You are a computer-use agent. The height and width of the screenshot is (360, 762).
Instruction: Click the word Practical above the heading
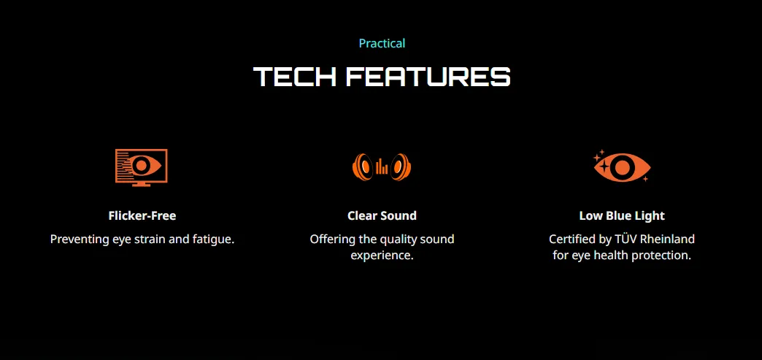click(x=382, y=44)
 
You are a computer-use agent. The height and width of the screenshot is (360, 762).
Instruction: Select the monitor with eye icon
click(x=142, y=167)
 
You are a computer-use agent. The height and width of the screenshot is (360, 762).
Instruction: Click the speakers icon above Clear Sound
click(x=382, y=167)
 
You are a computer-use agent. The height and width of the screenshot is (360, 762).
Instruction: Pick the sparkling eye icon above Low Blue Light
click(x=622, y=166)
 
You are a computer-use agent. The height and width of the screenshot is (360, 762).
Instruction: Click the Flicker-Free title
click(x=142, y=215)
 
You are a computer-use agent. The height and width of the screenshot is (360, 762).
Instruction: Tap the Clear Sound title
click(x=382, y=215)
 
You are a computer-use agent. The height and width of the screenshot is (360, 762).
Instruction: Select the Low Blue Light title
click(x=622, y=215)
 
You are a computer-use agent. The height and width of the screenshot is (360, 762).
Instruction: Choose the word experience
click(x=382, y=256)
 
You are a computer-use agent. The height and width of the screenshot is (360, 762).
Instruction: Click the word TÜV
click(x=627, y=240)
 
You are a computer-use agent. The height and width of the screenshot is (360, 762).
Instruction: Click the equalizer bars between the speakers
click(x=382, y=167)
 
